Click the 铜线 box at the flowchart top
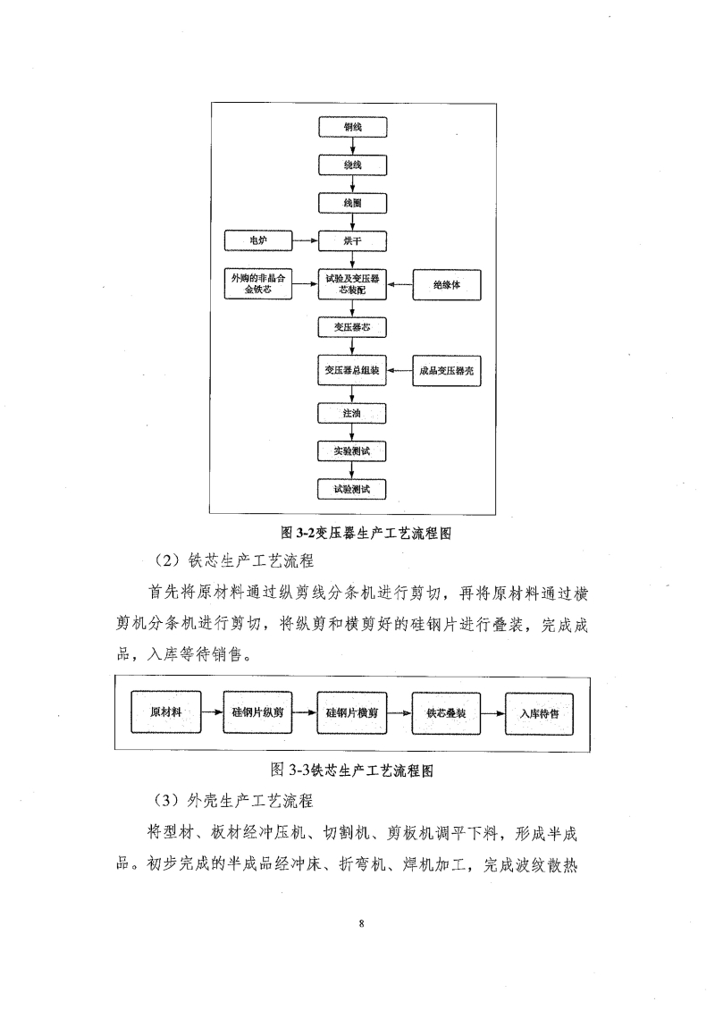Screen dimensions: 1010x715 (353, 127)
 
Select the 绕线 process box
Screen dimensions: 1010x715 (353, 165)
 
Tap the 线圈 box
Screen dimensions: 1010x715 (353, 204)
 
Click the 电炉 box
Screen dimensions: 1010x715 (258, 241)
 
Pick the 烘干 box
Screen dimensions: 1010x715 (353, 241)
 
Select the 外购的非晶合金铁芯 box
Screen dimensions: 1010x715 (258, 284)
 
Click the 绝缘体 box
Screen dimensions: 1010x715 (446, 285)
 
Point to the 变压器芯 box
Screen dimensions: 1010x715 (353, 327)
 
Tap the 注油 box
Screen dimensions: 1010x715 (353, 414)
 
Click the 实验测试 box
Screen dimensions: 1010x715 (353, 451)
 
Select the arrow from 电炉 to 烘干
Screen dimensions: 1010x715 (306, 241)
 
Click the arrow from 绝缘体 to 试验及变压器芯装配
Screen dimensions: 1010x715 (400, 285)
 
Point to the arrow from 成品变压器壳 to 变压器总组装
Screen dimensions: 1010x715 (400, 370)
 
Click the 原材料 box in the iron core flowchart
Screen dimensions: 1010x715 (167, 712)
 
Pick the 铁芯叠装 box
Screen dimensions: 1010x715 (445, 713)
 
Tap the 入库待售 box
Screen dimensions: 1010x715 (539, 713)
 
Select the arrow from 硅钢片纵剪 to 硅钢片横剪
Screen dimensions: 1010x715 (304, 713)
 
